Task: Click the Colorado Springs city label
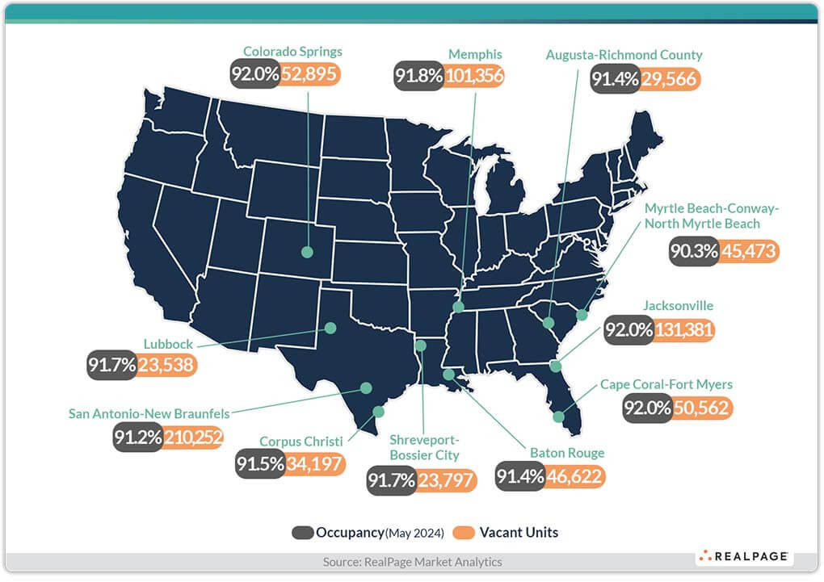[x=292, y=52]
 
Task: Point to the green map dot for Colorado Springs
[x=307, y=252]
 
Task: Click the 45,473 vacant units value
[x=748, y=251]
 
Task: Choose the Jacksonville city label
[x=678, y=306]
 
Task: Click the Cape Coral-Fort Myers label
[x=666, y=384]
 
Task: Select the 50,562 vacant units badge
[x=700, y=408]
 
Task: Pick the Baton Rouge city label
[x=567, y=453]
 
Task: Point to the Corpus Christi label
[x=301, y=442]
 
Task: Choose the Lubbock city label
[x=168, y=344]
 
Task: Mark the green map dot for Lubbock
[x=330, y=328]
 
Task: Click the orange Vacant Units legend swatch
[x=464, y=533]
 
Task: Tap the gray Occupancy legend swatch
[x=303, y=533]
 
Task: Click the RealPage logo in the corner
[x=743, y=557]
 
